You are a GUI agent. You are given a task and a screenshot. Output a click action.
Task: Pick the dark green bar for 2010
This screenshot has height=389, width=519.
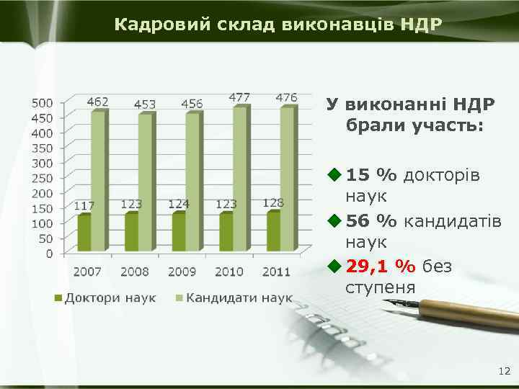(x=226, y=231)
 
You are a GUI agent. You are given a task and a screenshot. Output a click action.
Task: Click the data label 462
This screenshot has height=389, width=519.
(x=98, y=102)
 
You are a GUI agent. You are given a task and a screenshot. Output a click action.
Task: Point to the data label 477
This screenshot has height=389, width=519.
(x=239, y=97)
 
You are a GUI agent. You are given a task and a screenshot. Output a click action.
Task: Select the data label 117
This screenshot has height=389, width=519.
(x=84, y=206)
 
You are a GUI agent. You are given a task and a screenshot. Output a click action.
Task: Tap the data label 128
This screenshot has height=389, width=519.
(x=272, y=203)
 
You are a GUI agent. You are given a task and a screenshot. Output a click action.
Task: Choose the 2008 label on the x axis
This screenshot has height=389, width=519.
(x=135, y=272)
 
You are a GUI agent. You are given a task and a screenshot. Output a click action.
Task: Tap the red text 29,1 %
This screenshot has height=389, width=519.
(x=381, y=267)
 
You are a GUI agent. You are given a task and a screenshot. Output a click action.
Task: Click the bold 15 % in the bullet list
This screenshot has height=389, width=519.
(x=371, y=175)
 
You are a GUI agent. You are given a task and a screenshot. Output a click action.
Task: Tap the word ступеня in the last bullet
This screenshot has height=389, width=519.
(x=381, y=288)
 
